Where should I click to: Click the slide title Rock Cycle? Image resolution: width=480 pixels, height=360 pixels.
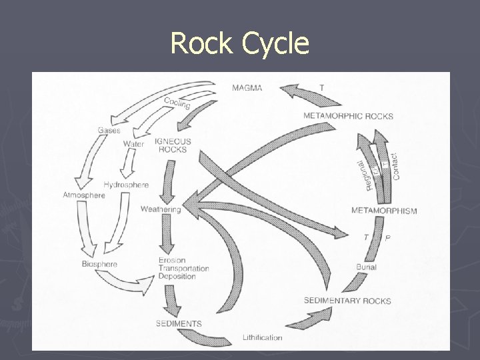click(x=240, y=44)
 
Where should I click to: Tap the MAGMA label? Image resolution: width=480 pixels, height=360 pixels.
click(x=247, y=87)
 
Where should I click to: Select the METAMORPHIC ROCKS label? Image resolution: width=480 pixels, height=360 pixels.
click(x=348, y=116)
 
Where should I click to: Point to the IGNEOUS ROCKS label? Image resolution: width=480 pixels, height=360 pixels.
click(x=172, y=145)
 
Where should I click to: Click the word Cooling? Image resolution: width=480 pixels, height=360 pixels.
click(x=177, y=103)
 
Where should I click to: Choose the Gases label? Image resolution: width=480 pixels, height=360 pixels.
click(x=109, y=130)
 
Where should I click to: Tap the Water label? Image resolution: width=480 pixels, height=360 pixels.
click(x=133, y=144)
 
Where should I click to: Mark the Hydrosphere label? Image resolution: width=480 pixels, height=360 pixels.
click(x=126, y=185)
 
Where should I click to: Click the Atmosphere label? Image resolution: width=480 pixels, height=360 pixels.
click(x=84, y=195)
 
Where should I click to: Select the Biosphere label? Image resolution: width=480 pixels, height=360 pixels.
click(x=99, y=264)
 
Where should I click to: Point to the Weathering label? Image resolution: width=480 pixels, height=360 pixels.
click(x=160, y=209)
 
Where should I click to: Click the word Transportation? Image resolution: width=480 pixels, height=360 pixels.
click(x=183, y=269)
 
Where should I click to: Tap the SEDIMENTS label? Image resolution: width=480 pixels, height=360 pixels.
click(x=179, y=324)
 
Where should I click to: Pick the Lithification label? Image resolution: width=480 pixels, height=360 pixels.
click(x=262, y=337)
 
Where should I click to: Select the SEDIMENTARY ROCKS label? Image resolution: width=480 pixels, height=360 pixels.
click(x=347, y=301)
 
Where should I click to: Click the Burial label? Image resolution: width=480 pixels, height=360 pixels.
click(x=366, y=267)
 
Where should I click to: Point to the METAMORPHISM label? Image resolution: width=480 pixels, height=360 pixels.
click(x=384, y=211)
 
